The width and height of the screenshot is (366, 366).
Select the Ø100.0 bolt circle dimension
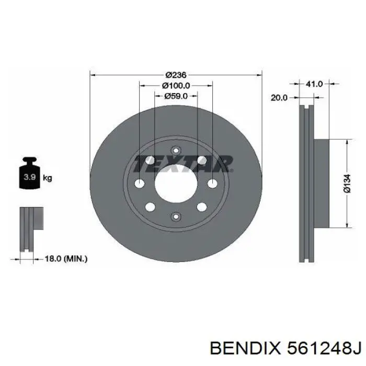176,85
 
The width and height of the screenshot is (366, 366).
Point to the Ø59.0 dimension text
176,96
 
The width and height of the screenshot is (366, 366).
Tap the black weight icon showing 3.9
28,176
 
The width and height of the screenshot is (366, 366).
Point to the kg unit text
47,178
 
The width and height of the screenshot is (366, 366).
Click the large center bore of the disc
176,185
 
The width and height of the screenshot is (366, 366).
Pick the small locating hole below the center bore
176,217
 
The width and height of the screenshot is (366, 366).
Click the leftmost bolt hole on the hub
139,184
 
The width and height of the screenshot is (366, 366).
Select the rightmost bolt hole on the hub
212,184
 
